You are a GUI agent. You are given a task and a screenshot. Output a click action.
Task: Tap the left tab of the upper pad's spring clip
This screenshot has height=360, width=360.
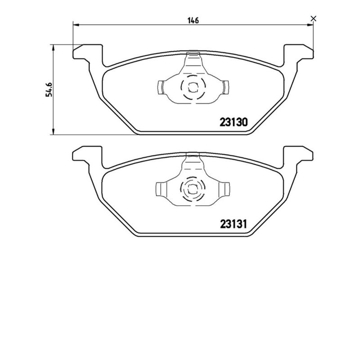pos(161,86)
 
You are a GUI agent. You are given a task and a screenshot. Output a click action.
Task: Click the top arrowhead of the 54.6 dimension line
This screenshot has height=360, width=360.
pos(54,46)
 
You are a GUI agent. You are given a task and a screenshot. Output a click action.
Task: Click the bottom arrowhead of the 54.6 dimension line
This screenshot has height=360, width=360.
pos(54,131)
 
